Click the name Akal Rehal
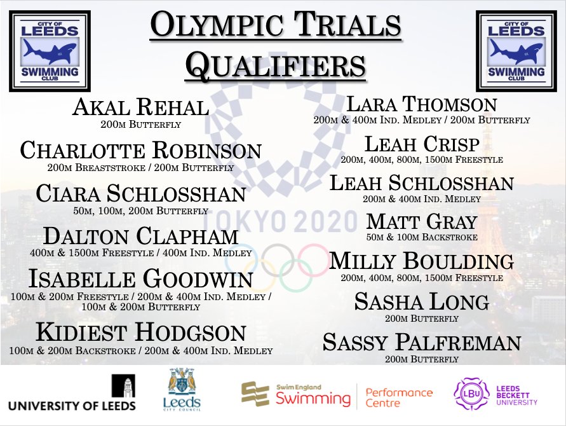click(141, 107)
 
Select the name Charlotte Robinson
click(141, 151)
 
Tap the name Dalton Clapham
click(141, 237)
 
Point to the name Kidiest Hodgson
click(141, 333)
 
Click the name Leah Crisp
click(422, 143)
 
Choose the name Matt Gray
click(422, 221)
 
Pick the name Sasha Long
click(422, 301)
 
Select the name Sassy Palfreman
click(422, 342)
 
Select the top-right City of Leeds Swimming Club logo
click(515, 50)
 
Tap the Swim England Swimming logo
click(295, 394)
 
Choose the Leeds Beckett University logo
click(494, 393)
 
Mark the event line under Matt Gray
click(422, 237)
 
